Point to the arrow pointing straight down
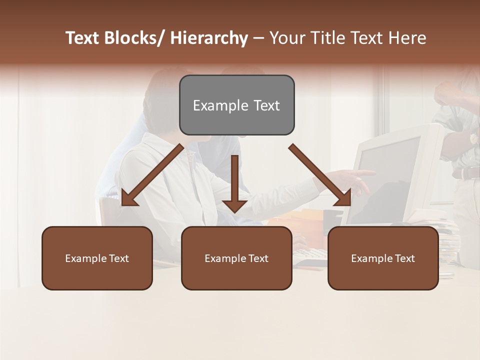(234, 185)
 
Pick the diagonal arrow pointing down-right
(320, 175)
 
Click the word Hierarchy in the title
(208, 38)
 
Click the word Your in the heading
(286, 38)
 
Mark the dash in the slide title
(258, 38)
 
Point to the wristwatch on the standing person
(472, 138)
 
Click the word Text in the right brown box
(404, 258)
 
